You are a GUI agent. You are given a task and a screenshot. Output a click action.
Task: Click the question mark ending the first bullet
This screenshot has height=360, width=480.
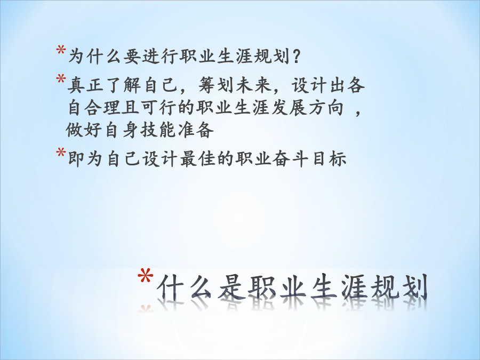click(295, 57)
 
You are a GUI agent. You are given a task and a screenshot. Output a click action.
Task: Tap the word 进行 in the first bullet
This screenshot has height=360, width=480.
click(161, 57)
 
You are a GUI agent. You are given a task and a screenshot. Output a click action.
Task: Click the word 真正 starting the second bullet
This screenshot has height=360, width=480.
click(86, 85)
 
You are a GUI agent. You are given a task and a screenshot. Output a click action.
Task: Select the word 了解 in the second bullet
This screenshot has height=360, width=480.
click(123, 85)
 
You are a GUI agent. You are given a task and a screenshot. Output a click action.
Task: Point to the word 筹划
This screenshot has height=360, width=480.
click(217, 85)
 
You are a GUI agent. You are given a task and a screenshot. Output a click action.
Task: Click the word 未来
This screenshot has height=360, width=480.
click(254, 85)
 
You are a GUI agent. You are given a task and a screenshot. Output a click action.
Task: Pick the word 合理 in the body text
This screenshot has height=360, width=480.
click(105, 107)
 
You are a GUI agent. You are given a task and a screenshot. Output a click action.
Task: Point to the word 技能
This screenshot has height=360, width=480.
click(158, 130)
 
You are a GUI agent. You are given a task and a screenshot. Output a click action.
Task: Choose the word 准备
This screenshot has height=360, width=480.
click(196, 130)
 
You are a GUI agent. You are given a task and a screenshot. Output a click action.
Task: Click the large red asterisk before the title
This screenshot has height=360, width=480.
click(145, 276)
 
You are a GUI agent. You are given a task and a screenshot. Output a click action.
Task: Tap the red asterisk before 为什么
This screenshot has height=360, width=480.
click(61, 50)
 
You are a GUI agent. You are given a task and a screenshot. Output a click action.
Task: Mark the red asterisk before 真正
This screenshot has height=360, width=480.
click(61, 79)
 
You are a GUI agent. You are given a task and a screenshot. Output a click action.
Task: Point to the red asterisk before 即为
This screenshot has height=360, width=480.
click(61, 153)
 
